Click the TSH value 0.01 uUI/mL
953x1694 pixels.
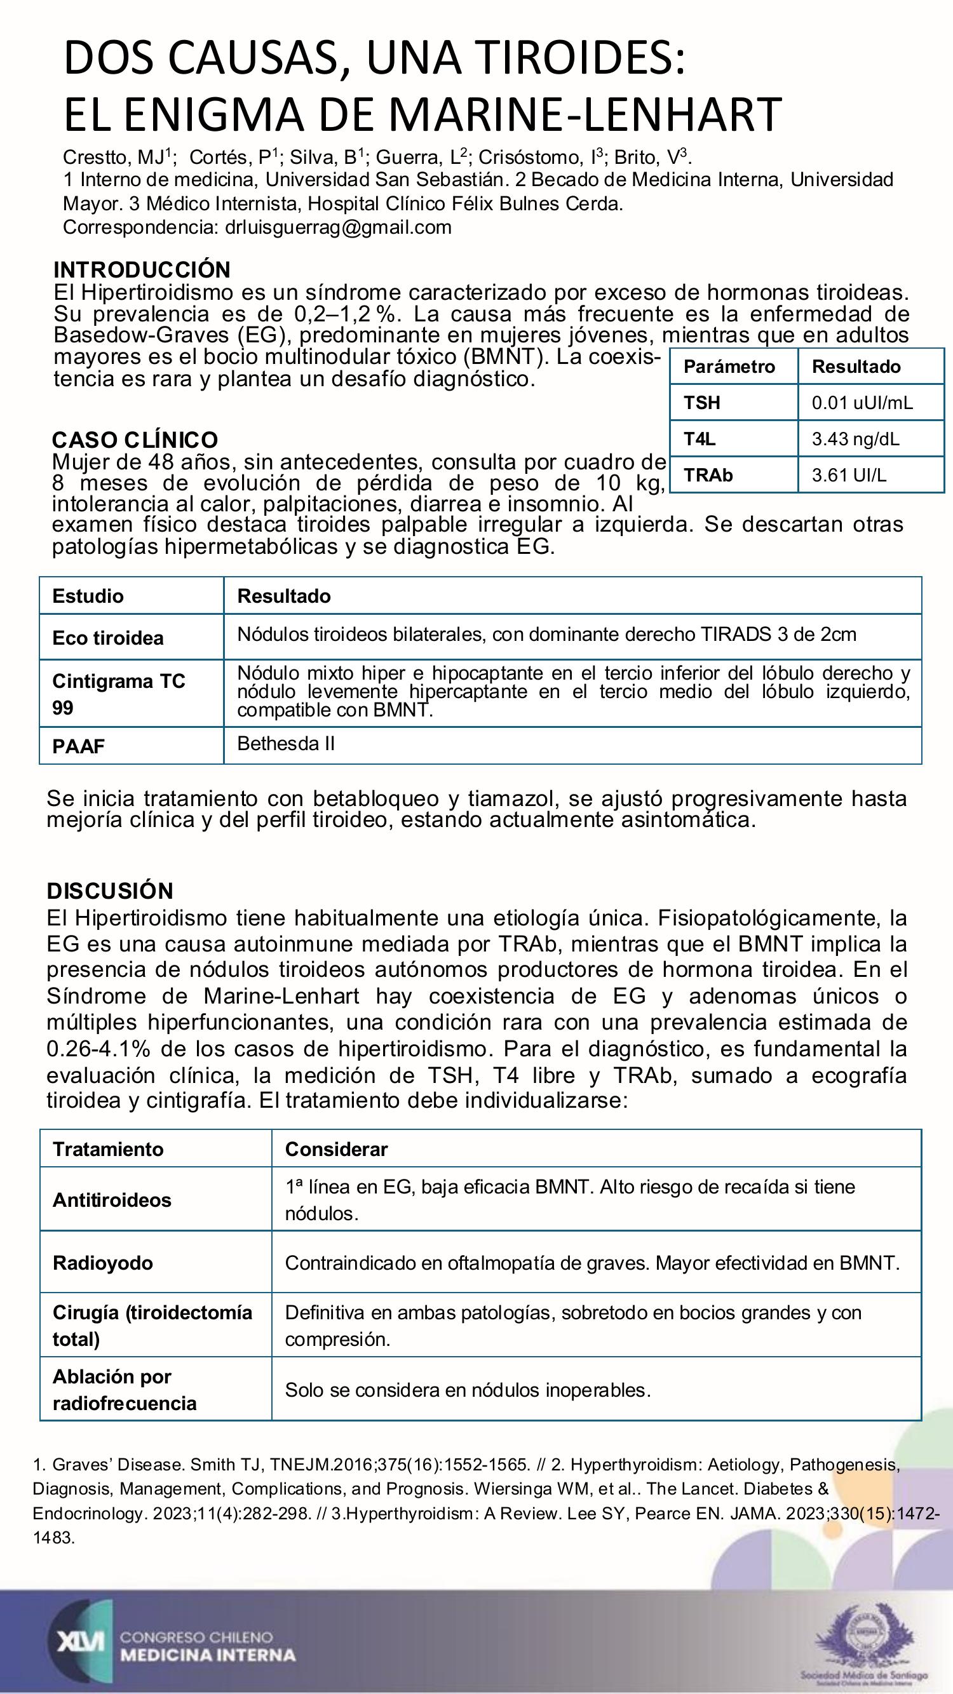(x=862, y=403)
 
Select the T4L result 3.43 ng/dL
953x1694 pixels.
(x=855, y=439)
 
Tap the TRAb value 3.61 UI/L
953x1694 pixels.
(x=848, y=475)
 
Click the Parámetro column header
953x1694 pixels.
(x=729, y=366)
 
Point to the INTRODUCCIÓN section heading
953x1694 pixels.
(x=142, y=269)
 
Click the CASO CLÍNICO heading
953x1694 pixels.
(x=135, y=440)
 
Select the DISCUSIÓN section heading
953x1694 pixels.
(x=110, y=891)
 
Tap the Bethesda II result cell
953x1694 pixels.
(x=286, y=744)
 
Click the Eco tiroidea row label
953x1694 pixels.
(x=108, y=638)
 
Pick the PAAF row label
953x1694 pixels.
(x=78, y=746)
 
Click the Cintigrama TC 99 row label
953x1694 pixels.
(x=118, y=694)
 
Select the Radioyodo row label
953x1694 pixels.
(x=102, y=1263)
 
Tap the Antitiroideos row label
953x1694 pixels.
(x=112, y=1199)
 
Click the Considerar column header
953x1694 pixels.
(x=336, y=1149)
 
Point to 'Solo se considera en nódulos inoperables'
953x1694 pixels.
(x=468, y=1390)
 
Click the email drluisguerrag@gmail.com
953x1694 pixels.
(x=338, y=227)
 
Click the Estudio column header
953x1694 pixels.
(x=88, y=596)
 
